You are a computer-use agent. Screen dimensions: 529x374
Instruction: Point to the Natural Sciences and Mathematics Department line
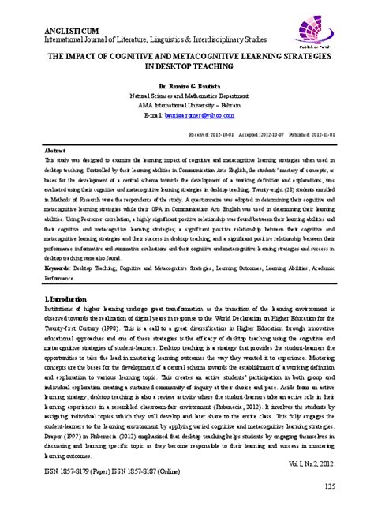(188, 94)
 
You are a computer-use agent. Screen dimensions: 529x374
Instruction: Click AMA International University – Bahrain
(188, 103)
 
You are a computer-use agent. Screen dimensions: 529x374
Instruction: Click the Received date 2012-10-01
(230, 135)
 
